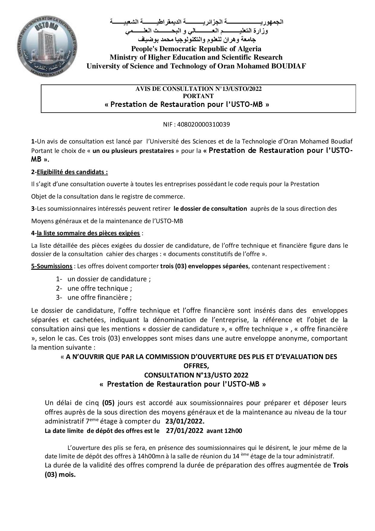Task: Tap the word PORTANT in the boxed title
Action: [198, 96]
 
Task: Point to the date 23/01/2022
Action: [185, 421]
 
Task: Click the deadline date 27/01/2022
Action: [184, 431]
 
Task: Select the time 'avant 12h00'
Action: [224, 431]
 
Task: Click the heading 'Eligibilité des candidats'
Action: [72, 172]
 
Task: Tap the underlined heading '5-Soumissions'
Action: [52, 266]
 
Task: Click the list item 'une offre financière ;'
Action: [99, 297]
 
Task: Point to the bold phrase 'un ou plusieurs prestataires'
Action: [133, 151]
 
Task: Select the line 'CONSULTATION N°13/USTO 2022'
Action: [196, 375]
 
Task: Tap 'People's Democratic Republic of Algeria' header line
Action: [196, 49]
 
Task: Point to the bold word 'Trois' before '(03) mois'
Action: [341, 465]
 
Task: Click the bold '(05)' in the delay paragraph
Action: [108, 403]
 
